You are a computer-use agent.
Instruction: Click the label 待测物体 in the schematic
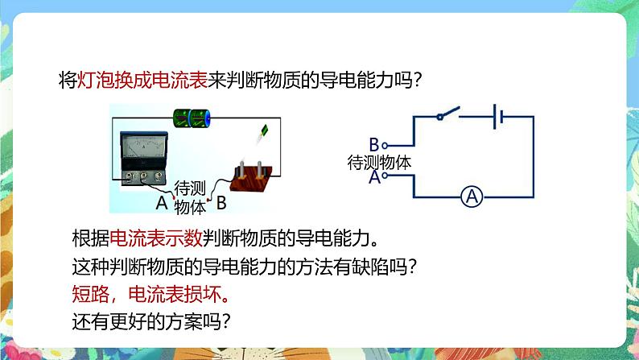coord(378,161)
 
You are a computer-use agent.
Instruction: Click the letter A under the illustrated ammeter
coord(160,203)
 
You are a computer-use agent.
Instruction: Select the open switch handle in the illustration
coord(262,134)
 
